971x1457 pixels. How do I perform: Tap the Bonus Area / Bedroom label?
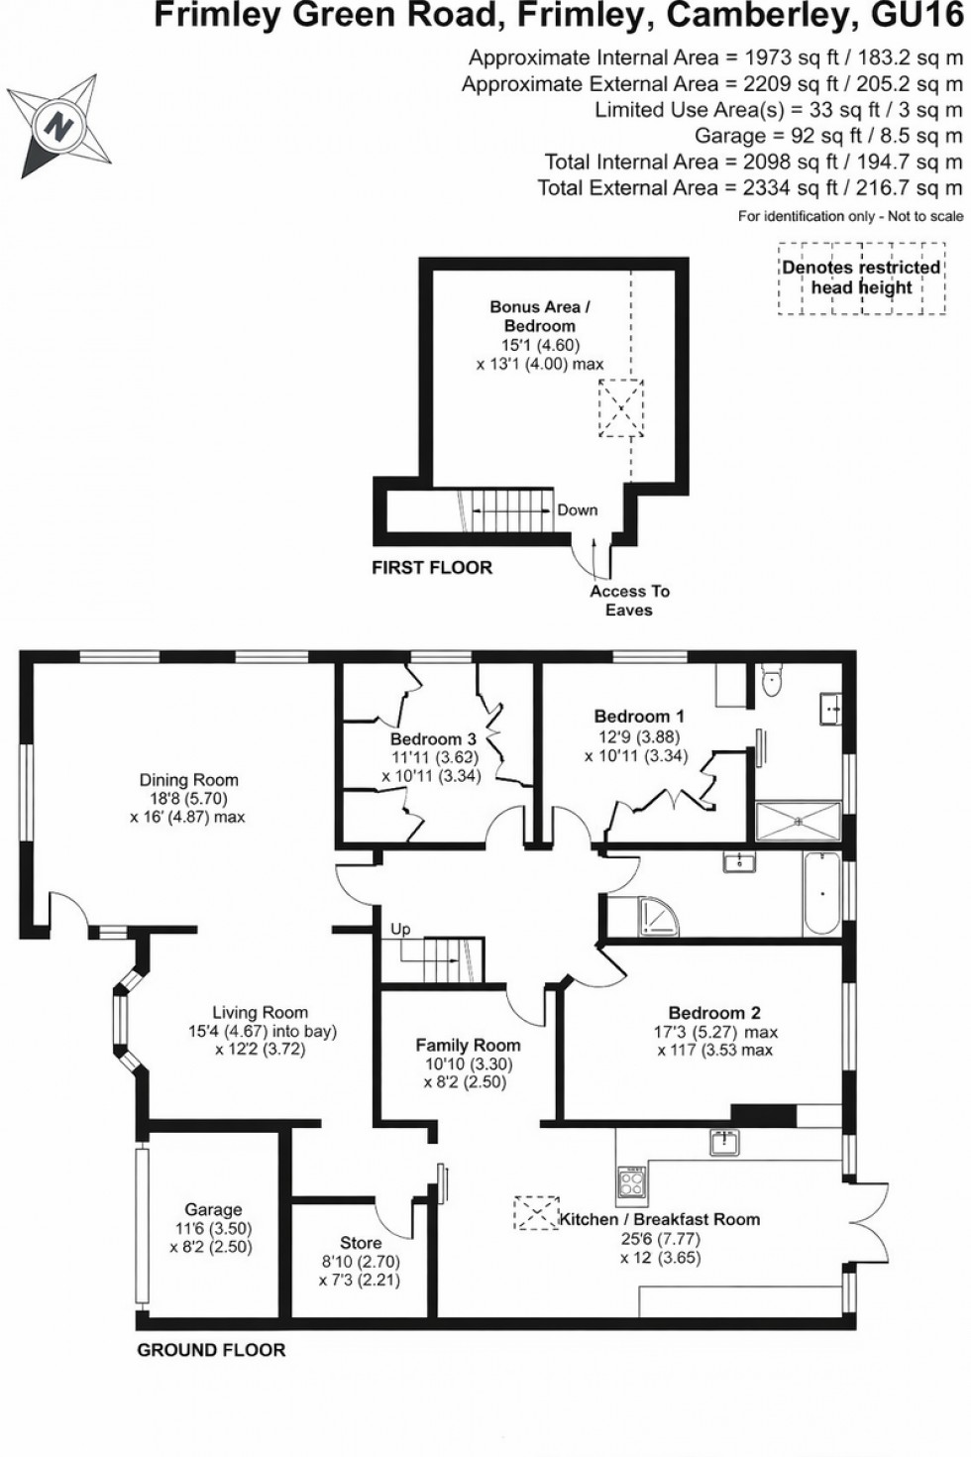tap(539, 316)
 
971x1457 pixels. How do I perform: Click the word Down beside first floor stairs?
tap(578, 509)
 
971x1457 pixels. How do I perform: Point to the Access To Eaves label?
tap(629, 600)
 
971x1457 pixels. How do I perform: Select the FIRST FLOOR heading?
tap(431, 568)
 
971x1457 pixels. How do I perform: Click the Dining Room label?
tap(188, 780)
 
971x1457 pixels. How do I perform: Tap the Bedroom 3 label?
tap(433, 738)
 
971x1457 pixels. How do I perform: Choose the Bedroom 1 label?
tap(639, 716)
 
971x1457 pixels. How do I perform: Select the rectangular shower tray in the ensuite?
tap(798, 821)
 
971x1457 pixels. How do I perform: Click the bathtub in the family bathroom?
tap(821, 892)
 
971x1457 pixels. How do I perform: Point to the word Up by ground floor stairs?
tap(400, 929)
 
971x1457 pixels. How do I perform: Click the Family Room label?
tap(468, 1045)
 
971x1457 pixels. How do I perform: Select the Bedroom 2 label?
tap(714, 1012)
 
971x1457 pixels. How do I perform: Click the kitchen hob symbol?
tap(632, 1181)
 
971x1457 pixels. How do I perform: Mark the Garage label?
tap(213, 1209)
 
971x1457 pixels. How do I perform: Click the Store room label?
tap(361, 1242)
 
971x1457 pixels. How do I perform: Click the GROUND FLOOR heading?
tap(211, 1350)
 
